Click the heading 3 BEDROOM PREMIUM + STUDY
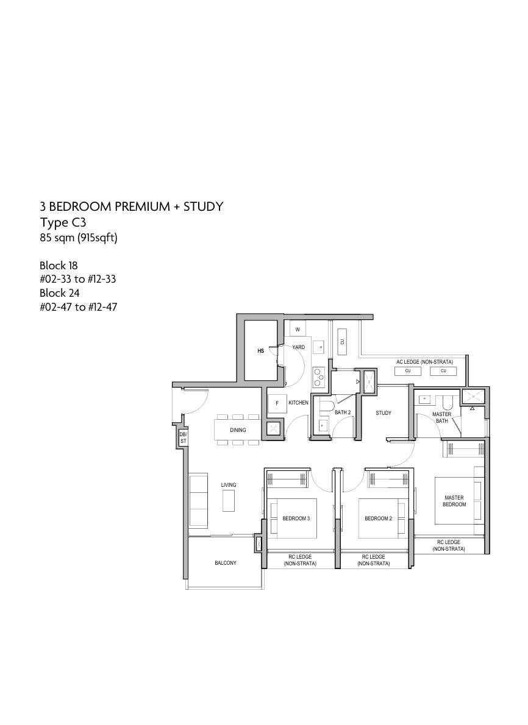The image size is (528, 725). point(132,207)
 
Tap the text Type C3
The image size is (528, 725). point(63,222)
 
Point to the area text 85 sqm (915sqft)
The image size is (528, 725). point(78,238)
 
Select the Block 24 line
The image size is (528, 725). point(59,293)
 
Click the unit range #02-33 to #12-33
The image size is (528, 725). point(78,279)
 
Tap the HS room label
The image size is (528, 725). point(260,351)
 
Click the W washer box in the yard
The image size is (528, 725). point(298,330)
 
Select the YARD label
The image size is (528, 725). point(299,347)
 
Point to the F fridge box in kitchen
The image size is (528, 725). point(277,403)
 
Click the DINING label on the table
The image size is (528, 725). point(238,430)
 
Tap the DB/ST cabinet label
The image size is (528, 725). point(184,437)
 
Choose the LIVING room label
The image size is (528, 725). point(229,485)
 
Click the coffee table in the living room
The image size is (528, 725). point(229,501)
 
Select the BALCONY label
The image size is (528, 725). point(226,563)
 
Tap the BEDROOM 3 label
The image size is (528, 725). point(296,519)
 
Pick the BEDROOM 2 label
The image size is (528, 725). point(378,519)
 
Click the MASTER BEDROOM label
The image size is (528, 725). point(454,501)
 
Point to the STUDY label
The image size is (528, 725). point(384,413)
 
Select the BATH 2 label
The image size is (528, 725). point(343,412)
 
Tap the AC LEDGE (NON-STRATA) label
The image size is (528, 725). point(424,362)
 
